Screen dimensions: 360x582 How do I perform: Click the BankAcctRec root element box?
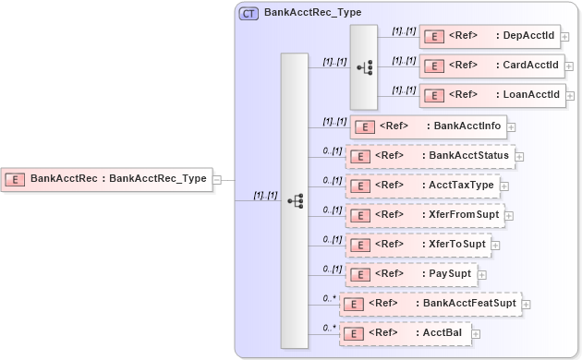(x=106, y=178)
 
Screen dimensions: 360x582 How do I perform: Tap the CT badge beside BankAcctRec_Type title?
(x=249, y=14)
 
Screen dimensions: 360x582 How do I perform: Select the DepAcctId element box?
(x=491, y=36)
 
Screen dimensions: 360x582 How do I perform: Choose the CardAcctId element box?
(x=491, y=66)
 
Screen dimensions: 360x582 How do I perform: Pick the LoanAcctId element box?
(x=491, y=95)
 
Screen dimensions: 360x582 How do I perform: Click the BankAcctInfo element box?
(x=427, y=126)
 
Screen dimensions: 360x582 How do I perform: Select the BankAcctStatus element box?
(x=430, y=155)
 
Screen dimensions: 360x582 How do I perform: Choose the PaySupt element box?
(x=410, y=274)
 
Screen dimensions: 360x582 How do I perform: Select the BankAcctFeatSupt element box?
(x=430, y=304)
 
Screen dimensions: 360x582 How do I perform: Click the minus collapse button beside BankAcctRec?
(x=217, y=179)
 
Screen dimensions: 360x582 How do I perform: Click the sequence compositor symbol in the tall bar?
(x=295, y=199)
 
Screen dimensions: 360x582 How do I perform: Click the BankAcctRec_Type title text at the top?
(x=312, y=13)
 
